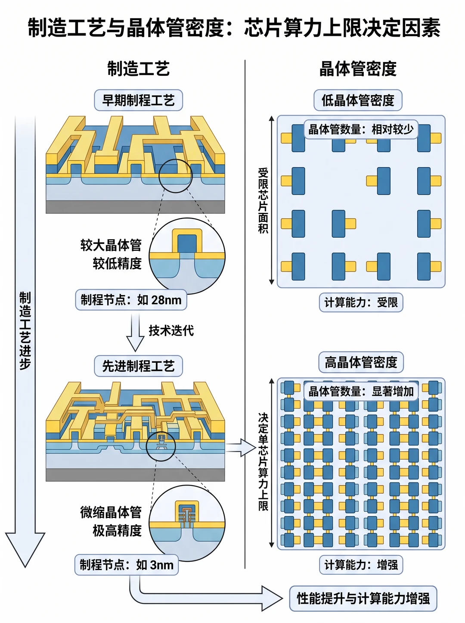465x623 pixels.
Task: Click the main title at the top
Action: pos(234,27)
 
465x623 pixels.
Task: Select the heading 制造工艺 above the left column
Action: pos(138,69)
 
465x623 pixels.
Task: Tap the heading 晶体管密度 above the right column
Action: pos(358,69)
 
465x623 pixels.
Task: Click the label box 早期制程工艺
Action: pos(138,100)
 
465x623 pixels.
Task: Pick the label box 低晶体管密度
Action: pos(358,100)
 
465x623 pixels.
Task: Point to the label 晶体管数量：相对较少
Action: pos(361,129)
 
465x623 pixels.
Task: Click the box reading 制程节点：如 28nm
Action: pos(131,300)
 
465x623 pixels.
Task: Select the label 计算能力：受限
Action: pos(361,302)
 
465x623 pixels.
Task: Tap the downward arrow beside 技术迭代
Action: pos(135,333)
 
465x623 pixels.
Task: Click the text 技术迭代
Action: pos(171,330)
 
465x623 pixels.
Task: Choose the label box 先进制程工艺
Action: pos(138,366)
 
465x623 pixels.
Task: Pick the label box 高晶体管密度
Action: pos(361,362)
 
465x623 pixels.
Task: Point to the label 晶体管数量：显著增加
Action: pos(361,392)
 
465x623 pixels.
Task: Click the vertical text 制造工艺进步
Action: pos(25,330)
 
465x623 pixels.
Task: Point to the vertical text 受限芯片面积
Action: pos(263,201)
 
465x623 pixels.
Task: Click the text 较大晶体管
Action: pos(111,245)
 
